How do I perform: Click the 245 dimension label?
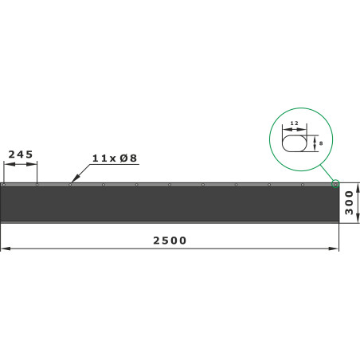pos(21,155)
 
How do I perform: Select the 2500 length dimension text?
pos(170,241)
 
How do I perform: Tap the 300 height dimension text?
pos(349,202)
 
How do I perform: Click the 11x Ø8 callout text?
pos(115,158)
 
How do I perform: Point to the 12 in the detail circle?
pos(294,123)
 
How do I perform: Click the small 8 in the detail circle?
pos(321,143)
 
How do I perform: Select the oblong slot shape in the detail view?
pos(294,143)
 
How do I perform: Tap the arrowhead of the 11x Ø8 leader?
pos(75,179)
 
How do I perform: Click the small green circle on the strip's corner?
pos(335,184)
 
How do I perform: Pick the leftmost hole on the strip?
pos(4,185)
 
